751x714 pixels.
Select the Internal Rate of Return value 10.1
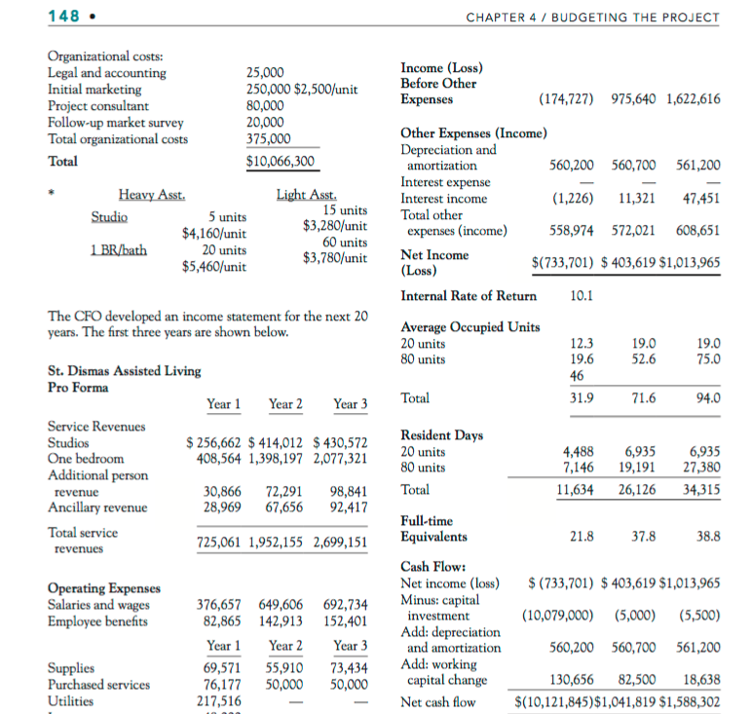[582, 296]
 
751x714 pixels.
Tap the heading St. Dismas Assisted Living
[124, 370]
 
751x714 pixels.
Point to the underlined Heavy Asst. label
[151, 195]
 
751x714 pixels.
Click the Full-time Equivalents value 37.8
[643, 536]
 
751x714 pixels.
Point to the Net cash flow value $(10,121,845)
[557, 701]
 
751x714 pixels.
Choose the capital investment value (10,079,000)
[559, 616]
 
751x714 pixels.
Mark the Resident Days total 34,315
[699, 489]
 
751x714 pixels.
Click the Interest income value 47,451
[701, 199]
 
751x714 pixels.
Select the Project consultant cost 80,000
[265, 106]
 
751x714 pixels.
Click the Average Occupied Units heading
[469, 326]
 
